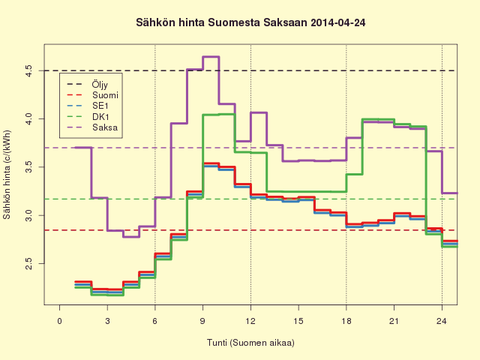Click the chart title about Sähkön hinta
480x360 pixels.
(x=250, y=23)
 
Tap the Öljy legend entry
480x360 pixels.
(x=88, y=84)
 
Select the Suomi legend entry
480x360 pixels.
(x=92, y=95)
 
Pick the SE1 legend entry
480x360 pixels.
(x=88, y=106)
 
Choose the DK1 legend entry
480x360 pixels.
(x=88, y=117)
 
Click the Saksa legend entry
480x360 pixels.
(x=92, y=127)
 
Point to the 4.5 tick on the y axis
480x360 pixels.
(x=28, y=70)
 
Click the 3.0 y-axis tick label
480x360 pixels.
(x=28, y=215)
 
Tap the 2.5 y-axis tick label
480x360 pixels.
(x=28, y=263)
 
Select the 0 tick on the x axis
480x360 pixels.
(x=59, y=321)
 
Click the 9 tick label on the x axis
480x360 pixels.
(x=202, y=321)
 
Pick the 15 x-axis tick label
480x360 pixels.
(x=298, y=321)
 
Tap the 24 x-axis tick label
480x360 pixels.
(x=442, y=321)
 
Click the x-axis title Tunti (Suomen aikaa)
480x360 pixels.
(x=250, y=343)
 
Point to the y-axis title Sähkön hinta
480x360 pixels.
(x=7, y=175)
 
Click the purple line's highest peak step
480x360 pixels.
(x=211, y=57)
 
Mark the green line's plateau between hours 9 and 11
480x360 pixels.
(x=218, y=115)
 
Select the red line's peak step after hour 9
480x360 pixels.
(x=211, y=163)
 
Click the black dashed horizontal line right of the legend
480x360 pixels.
(x=288, y=70)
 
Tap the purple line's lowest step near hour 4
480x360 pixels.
(x=131, y=237)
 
